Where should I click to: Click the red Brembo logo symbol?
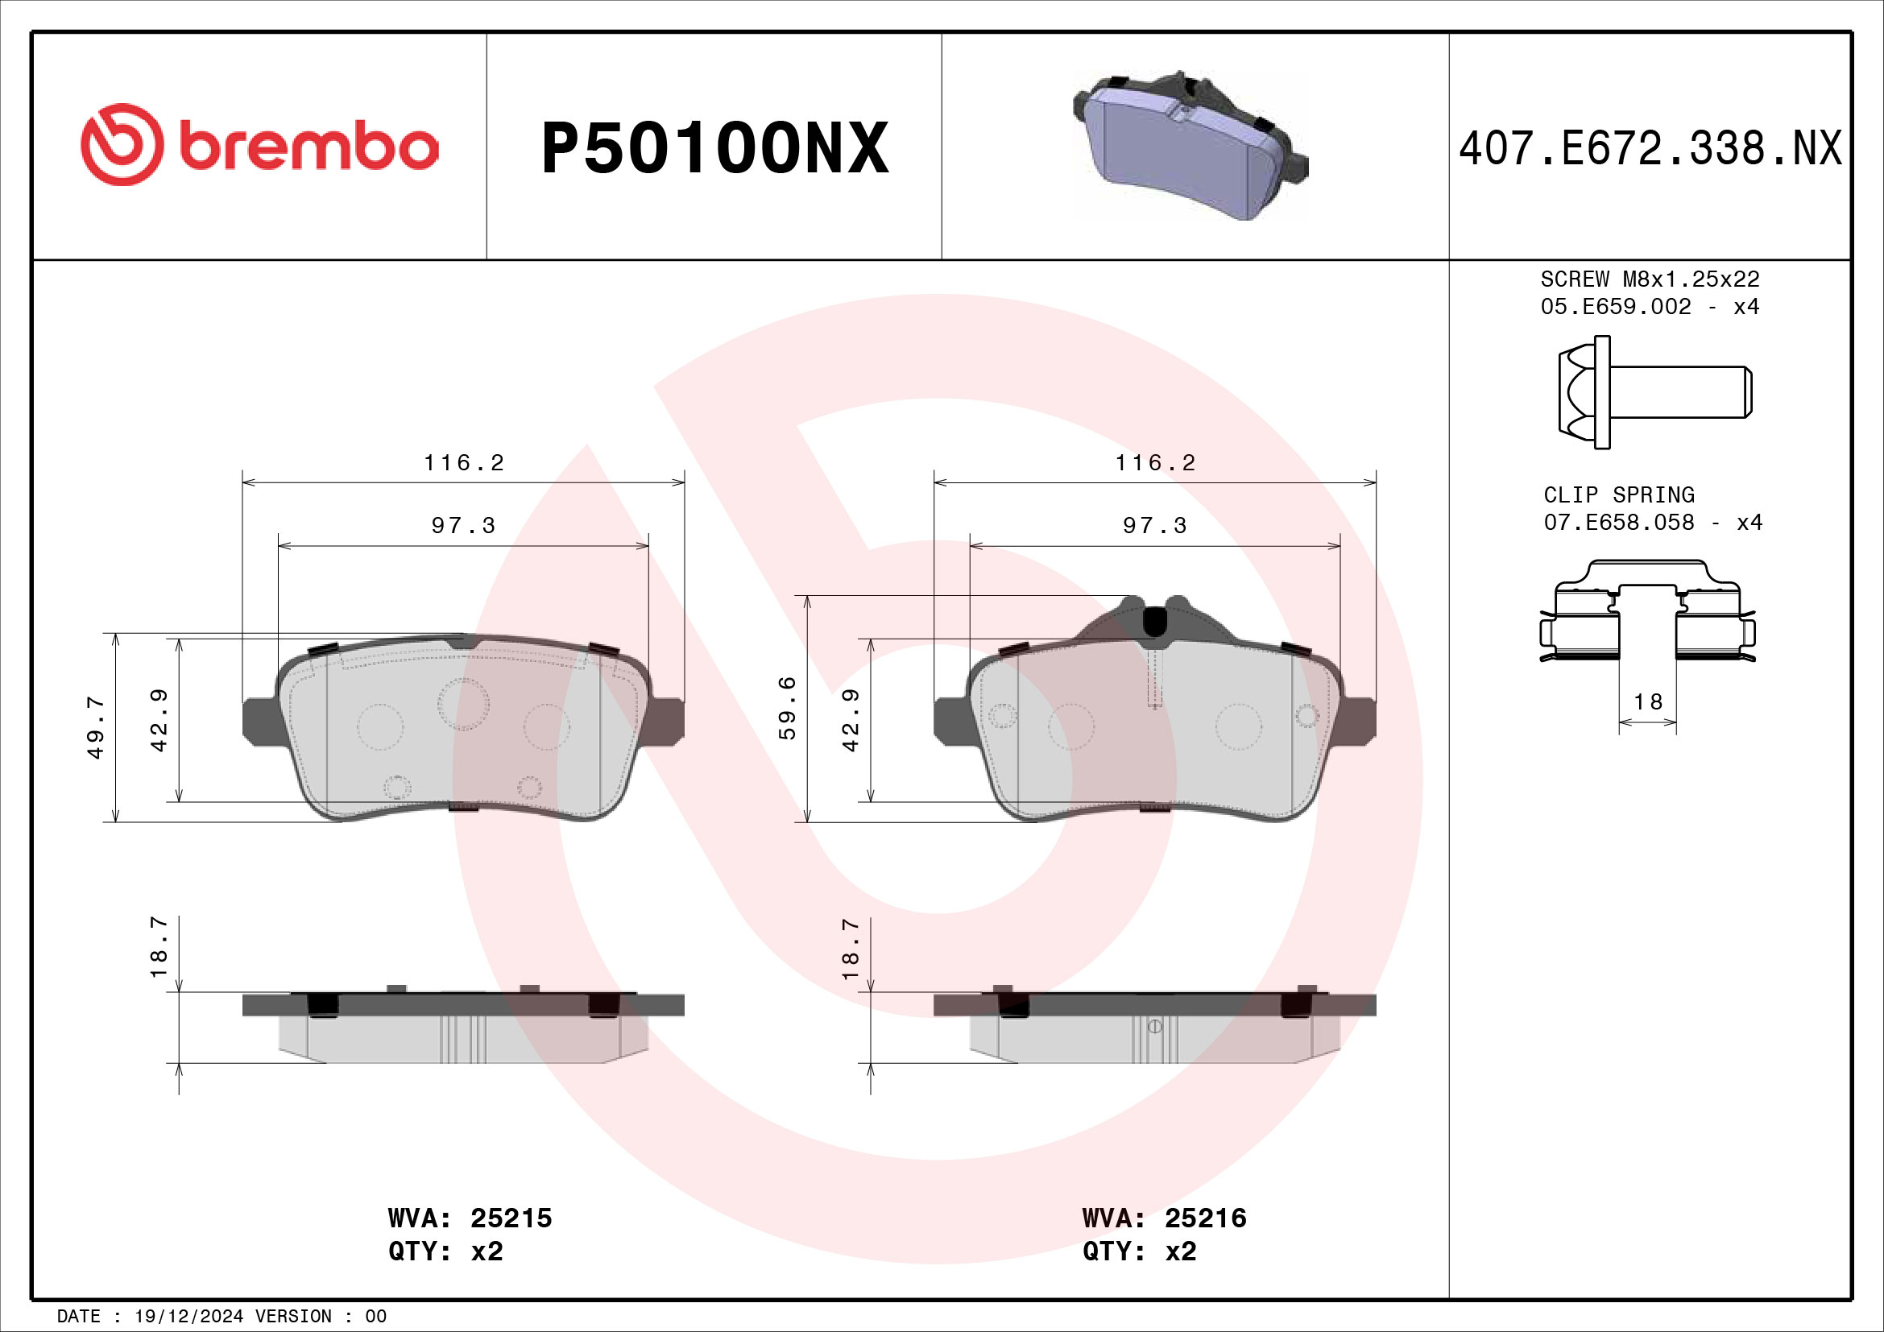(x=122, y=144)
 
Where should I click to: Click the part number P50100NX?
(x=714, y=148)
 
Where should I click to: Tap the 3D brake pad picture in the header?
(x=1189, y=147)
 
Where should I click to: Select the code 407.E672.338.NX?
(x=1650, y=149)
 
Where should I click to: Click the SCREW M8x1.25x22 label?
(x=1650, y=279)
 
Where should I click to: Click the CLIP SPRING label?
(x=1618, y=495)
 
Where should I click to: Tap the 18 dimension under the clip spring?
(x=1648, y=702)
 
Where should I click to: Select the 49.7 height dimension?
(x=96, y=726)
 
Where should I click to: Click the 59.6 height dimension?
(x=787, y=708)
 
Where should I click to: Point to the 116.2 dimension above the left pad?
(x=464, y=462)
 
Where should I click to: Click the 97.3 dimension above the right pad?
(x=1154, y=525)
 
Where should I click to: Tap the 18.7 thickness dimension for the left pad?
(x=159, y=947)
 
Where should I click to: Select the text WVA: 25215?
(x=470, y=1218)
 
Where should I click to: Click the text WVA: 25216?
(x=1164, y=1218)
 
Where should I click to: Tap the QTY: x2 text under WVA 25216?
(x=1139, y=1251)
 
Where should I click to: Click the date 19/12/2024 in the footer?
(x=188, y=1317)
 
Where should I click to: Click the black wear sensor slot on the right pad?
(x=1154, y=621)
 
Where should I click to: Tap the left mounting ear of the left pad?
(x=261, y=721)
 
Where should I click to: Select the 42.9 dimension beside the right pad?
(x=850, y=719)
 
